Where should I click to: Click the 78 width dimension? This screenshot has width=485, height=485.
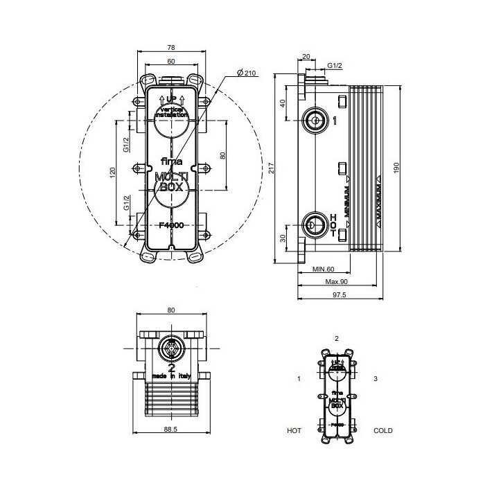tap(171, 47)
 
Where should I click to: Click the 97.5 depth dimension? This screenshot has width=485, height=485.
tap(339, 295)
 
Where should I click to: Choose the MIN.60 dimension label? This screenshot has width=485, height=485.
tap(323, 268)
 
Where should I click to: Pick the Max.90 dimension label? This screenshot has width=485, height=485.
tap(336, 281)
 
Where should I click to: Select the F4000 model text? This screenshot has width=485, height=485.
tap(171, 224)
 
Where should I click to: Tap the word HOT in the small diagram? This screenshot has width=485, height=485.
tap(294, 430)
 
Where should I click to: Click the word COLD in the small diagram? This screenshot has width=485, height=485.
tap(382, 430)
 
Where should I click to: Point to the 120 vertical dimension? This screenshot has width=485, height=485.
tap(113, 172)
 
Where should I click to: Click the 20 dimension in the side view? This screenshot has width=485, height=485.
tap(306, 59)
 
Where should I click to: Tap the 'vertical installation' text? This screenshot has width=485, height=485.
tap(171, 112)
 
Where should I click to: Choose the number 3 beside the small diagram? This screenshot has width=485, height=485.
tap(375, 379)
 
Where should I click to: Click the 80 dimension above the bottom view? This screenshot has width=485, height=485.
tap(170, 310)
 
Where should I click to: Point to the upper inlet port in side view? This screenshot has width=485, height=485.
tap(315, 121)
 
